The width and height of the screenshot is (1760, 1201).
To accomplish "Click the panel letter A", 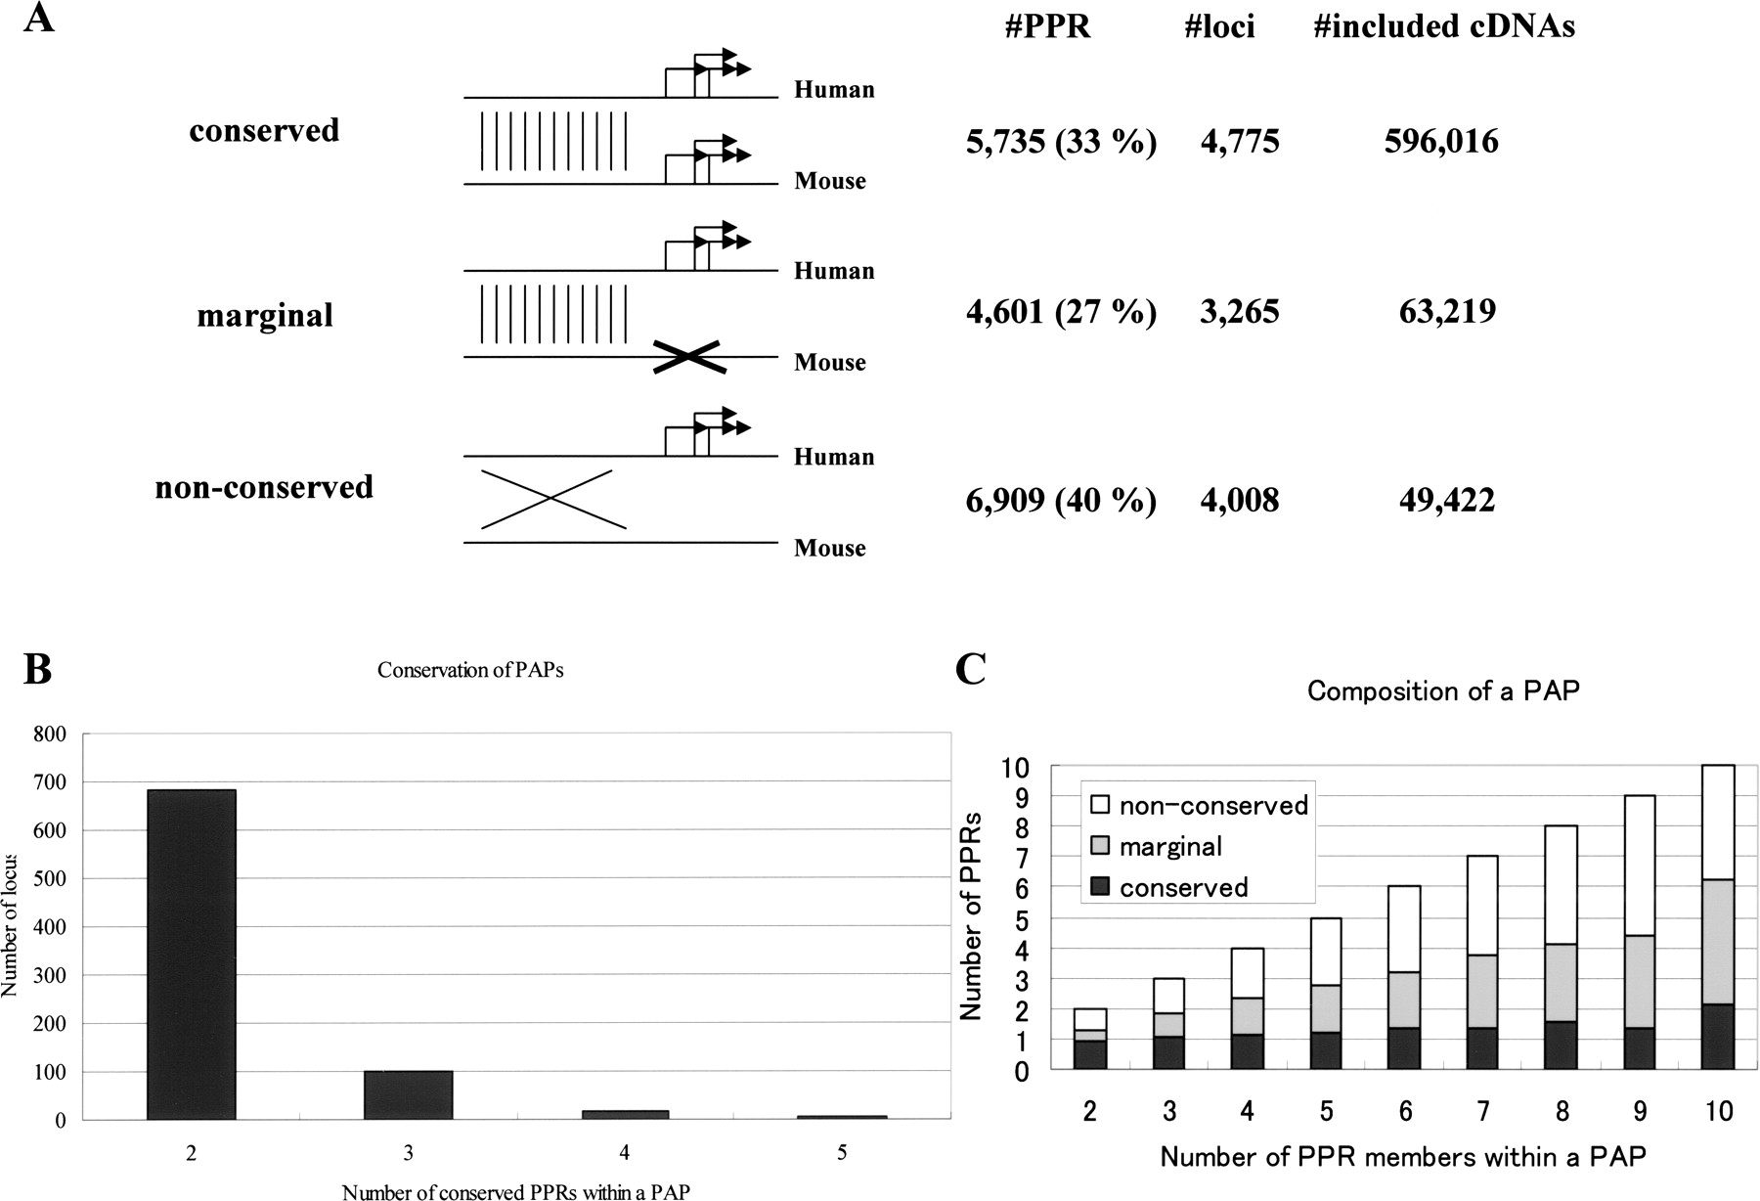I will point(38,20).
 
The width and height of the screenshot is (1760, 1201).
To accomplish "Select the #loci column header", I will point(1219,26).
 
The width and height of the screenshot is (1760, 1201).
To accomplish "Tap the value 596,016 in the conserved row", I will point(1441,142).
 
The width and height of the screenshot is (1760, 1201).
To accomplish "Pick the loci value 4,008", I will point(1239,501).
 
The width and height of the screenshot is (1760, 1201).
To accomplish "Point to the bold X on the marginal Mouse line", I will point(689,356).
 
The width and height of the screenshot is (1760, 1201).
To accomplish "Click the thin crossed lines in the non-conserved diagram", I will point(551,499).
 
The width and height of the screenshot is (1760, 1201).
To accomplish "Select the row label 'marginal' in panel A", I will point(265,315).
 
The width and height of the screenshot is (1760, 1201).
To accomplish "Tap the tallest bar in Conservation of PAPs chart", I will point(192,954).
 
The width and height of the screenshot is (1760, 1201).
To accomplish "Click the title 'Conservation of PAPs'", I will point(470,671).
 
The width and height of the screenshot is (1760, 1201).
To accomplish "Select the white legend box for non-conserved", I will point(1099,805).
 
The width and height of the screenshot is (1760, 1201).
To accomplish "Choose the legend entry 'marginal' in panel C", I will point(1170,846).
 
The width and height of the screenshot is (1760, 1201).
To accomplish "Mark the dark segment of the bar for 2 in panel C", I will point(1090,1054).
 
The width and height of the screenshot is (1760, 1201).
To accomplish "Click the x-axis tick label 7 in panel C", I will point(1482,1112).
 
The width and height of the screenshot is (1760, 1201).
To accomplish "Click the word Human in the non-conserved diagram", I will point(834,457).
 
